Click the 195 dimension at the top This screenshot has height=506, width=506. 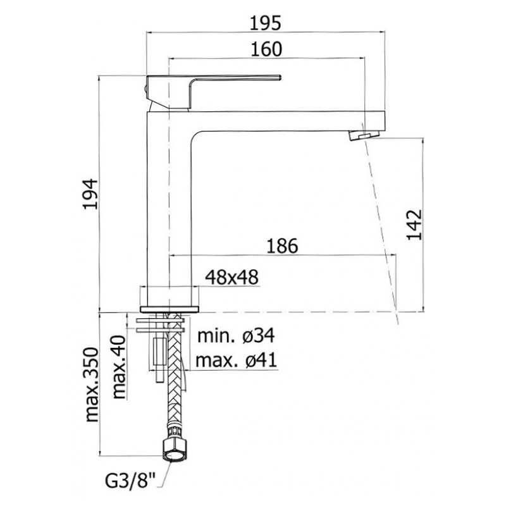pos(266,23)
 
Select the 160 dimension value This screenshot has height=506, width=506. pos(266,49)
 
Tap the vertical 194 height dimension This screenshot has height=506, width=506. pos(90,194)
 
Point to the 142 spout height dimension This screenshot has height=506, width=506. pos(414,225)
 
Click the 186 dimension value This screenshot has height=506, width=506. pos(282,246)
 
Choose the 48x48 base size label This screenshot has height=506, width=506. pos(232,277)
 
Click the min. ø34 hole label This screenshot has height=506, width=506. pos(236,336)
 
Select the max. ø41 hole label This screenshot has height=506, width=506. pos(236,360)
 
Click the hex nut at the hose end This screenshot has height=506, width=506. pos(175,447)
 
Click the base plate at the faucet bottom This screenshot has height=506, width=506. pos(170,309)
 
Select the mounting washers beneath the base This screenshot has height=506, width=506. pos(161,325)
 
